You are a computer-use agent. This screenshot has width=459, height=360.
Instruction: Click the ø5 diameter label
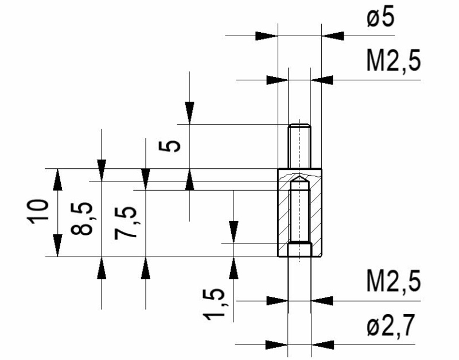point(380,18)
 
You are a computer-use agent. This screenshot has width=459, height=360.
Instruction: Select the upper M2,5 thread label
point(394,61)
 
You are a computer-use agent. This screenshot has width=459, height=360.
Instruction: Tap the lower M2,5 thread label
point(394,282)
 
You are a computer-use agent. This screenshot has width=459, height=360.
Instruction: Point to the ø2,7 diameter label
point(391,326)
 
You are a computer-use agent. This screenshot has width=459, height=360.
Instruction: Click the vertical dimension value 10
point(38,212)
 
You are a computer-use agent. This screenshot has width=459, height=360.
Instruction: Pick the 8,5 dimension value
point(81,219)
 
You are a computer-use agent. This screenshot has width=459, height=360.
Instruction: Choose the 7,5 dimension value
point(126,223)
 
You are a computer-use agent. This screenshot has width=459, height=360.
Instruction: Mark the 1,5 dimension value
point(214,305)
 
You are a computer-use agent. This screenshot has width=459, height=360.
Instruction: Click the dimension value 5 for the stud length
point(169,146)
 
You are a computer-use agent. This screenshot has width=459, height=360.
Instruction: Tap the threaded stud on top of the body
point(299,146)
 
